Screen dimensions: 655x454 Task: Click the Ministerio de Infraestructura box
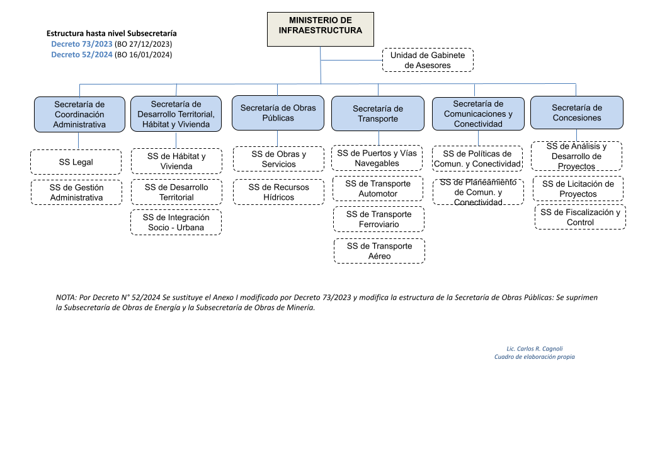coord(321,29)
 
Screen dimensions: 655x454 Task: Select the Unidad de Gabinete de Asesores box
coord(428,60)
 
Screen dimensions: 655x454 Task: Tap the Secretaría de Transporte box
coord(378,113)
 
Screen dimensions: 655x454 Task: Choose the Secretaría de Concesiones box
coord(577,112)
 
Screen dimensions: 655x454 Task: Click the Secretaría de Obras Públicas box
coord(278,113)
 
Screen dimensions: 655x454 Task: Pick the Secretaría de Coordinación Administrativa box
coord(79,115)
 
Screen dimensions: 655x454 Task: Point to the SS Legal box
coord(76,162)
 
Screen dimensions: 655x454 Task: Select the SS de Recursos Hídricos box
coord(278,192)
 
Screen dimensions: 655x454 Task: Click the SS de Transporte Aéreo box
coord(379,251)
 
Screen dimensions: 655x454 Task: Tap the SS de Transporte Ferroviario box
coord(379,219)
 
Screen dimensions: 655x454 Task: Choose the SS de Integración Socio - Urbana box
coord(176,223)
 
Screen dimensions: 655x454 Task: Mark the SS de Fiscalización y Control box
coord(580,217)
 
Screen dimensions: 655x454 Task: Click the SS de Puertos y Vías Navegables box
coord(377,158)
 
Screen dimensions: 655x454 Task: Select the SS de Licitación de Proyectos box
coord(578,189)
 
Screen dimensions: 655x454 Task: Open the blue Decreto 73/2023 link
coord(82,44)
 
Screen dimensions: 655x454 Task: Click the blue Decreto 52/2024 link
coord(82,54)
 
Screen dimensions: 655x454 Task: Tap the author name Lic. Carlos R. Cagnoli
coord(535,349)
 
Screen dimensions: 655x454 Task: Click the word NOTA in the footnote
coord(66,297)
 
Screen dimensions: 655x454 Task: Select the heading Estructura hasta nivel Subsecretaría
coord(111,33)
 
